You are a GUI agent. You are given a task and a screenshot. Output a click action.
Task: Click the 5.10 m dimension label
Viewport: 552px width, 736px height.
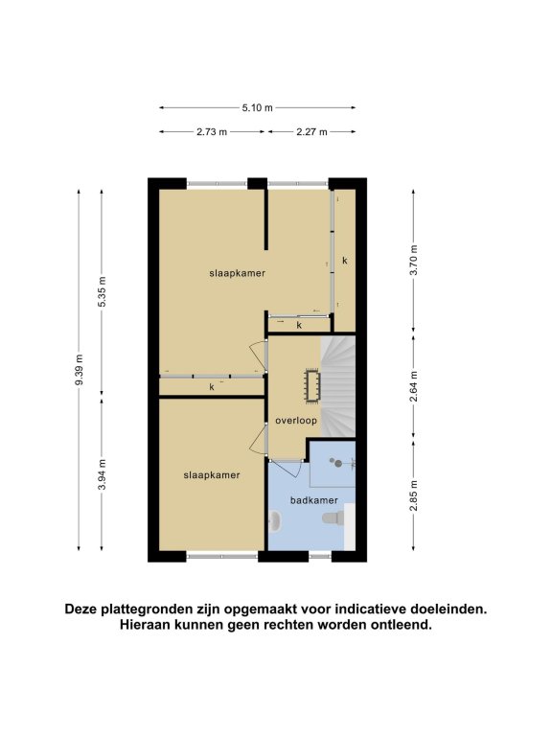tap(257, 107)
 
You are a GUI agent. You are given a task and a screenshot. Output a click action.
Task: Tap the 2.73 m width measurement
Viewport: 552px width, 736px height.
tap(212, 132)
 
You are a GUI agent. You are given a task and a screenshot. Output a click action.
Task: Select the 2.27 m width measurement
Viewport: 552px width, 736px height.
tap(311, 132)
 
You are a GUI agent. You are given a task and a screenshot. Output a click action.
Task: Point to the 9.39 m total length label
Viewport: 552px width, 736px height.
tap(79, 369)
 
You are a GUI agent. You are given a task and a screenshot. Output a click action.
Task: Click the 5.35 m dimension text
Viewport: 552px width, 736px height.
tap(102, 291)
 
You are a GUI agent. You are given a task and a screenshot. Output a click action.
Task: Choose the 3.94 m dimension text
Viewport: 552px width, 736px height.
tap(102, 474)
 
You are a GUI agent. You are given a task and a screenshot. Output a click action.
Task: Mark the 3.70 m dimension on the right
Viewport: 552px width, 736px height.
tap(414, 260)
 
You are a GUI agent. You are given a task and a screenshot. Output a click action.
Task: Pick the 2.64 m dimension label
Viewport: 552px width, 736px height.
tap(414, 386)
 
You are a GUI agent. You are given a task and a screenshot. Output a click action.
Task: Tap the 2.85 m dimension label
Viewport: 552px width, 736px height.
tap(414, 495)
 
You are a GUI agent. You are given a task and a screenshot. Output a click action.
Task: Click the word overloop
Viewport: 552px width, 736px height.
tap(296, 421)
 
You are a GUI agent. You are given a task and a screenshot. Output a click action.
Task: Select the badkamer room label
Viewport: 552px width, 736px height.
tap(314, 500)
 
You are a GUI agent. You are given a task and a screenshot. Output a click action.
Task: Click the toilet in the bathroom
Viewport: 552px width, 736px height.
tap(333, 517)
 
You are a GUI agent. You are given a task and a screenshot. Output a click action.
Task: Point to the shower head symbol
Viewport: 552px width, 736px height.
tap(336, 463)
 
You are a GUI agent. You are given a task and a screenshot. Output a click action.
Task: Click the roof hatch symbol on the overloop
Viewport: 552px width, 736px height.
tap(312, 386)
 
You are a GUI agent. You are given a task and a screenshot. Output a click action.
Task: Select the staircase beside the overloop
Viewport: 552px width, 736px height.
tap(338, 386)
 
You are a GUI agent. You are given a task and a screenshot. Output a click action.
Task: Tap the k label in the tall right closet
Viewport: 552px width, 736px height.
tap(345, 261)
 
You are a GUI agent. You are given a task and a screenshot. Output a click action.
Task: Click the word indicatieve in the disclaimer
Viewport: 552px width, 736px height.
tap(369, 609)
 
